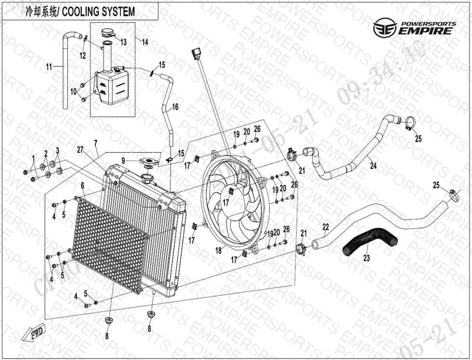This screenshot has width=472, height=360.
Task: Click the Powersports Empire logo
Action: [x=414, y=28]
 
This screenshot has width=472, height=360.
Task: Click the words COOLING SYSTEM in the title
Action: [x=99, y=12]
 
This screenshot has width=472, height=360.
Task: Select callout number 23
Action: [x=367, y=258]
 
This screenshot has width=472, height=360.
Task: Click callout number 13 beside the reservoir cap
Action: [x=124, y=42]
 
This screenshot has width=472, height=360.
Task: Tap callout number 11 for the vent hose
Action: [x=49, y=67]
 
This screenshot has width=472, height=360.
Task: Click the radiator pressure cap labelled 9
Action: [x=148, y=162]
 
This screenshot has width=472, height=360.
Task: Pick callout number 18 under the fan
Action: [x=219, y=251]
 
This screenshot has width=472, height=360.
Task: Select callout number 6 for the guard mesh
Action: [x=82, y=185]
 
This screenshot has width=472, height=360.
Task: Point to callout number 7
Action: [x=96, y=143]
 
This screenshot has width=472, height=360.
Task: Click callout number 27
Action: [x=80, y=150]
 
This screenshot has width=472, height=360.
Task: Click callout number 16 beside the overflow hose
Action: [x=175, y=107]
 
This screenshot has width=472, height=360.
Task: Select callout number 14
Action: [x=145, y=42]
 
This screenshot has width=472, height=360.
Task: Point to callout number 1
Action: [x=34, y=158]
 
